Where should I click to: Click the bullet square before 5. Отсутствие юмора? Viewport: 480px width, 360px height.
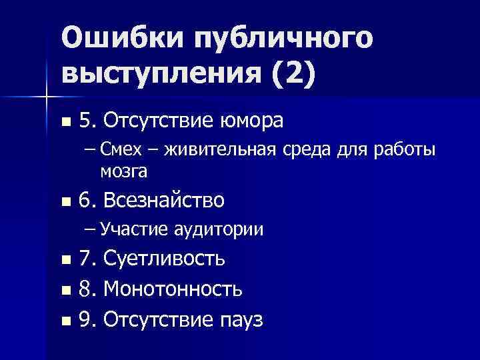(x=65, y=122)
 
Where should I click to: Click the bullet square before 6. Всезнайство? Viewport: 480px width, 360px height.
(x=65, y=201)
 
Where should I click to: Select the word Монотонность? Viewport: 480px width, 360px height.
(x=173, y=290)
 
